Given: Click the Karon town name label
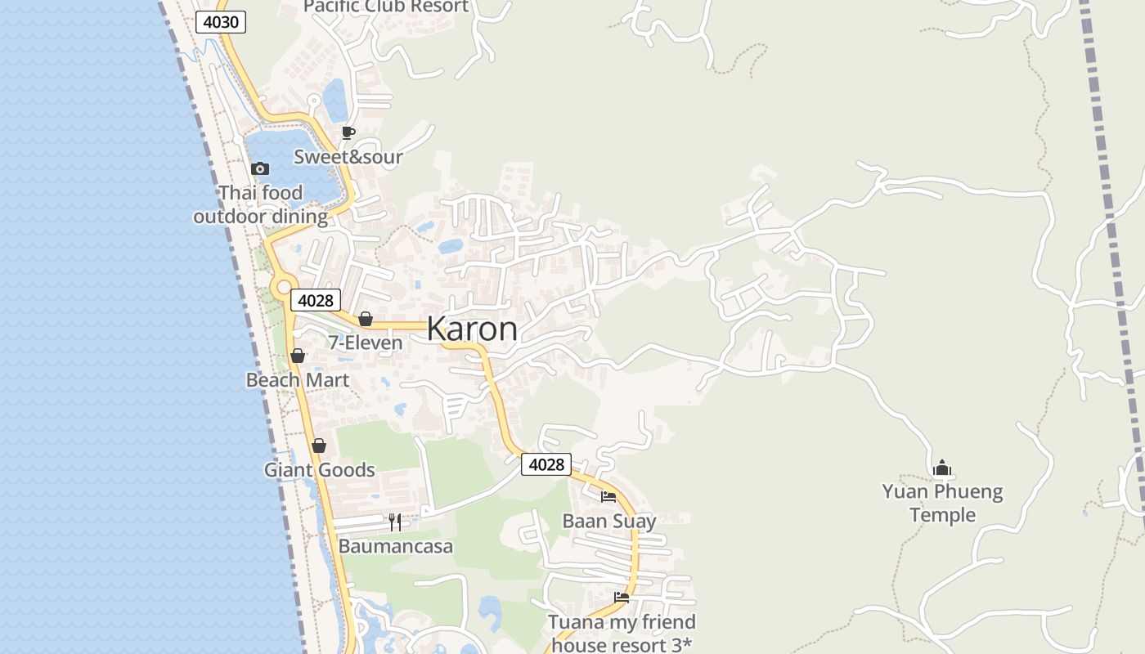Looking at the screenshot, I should (x=472, y=329).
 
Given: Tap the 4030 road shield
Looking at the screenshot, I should (x=221, y=22).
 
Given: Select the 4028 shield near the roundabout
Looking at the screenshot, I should (x=316, y=300).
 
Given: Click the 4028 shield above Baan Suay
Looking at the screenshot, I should (x=546, y=464).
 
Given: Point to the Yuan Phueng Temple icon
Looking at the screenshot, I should (x=942, y=468).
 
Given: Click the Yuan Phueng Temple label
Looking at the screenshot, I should (x=942, y=503).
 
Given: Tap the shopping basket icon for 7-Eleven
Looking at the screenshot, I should (x=366, y=318).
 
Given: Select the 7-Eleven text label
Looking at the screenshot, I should (x=366, y=343).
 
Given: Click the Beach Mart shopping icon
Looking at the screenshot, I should (x=298, y=356).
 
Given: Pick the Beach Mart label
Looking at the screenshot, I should (x=298, y=380).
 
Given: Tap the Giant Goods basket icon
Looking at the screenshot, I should (x=319, y=446).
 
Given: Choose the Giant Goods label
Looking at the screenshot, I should (x=319, y=470).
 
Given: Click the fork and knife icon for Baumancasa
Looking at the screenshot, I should (x=395, y=522).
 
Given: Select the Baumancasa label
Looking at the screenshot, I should (x=395, y=546).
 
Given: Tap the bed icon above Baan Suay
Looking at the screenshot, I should (x=608, y=496).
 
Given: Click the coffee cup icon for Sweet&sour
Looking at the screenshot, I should (x=348, y=132).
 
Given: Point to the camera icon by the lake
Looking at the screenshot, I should (x=260, y=168).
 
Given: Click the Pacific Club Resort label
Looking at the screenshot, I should (x=386, y=7).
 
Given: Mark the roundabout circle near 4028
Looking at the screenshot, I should (x=284, y=287).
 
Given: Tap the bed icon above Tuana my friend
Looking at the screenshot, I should (x=622, y=598).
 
